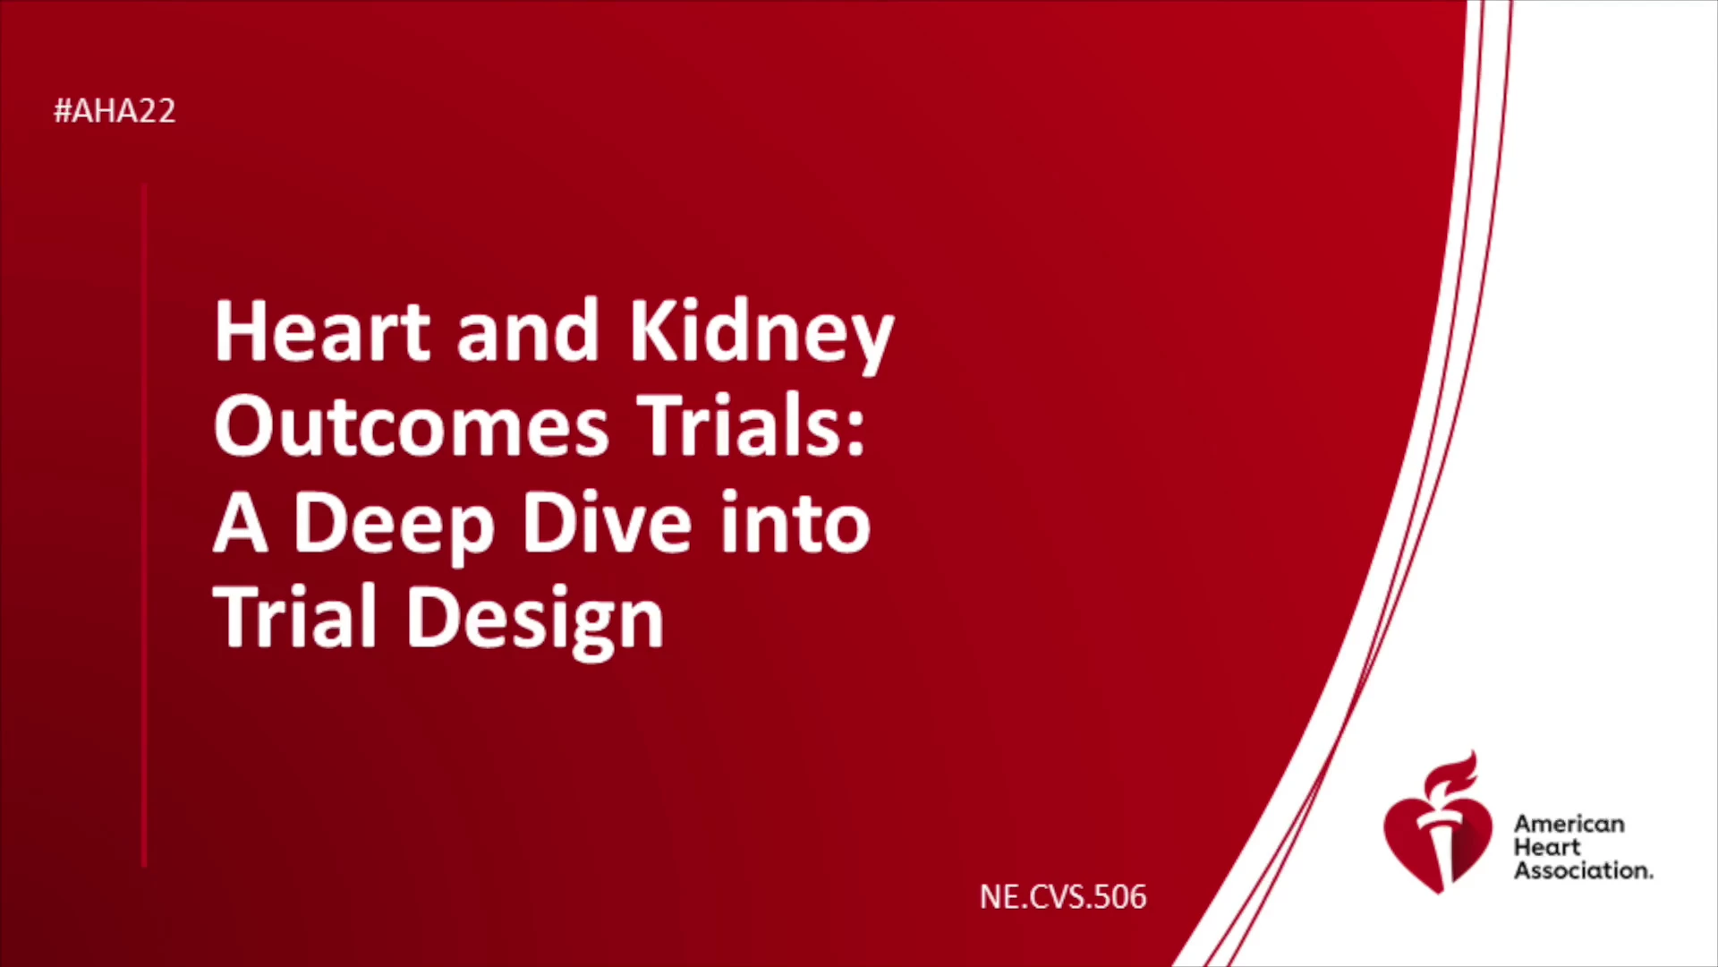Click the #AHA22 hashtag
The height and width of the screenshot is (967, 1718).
115,111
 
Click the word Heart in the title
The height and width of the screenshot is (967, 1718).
323,332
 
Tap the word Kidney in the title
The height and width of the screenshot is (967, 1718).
761,337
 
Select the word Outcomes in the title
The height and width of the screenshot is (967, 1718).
412,427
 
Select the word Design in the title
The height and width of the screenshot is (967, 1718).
535,620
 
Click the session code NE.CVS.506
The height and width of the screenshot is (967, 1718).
1063,897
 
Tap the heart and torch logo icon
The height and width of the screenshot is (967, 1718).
1437,823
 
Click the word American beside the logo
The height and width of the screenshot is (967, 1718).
1569,824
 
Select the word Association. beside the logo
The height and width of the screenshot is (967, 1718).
1583,870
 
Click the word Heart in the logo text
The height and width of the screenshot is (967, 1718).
1547,847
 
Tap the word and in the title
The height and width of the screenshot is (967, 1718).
528,332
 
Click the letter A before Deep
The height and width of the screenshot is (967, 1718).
241,523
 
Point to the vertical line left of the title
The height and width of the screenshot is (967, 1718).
144,526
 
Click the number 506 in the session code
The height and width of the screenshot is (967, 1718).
1119,897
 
